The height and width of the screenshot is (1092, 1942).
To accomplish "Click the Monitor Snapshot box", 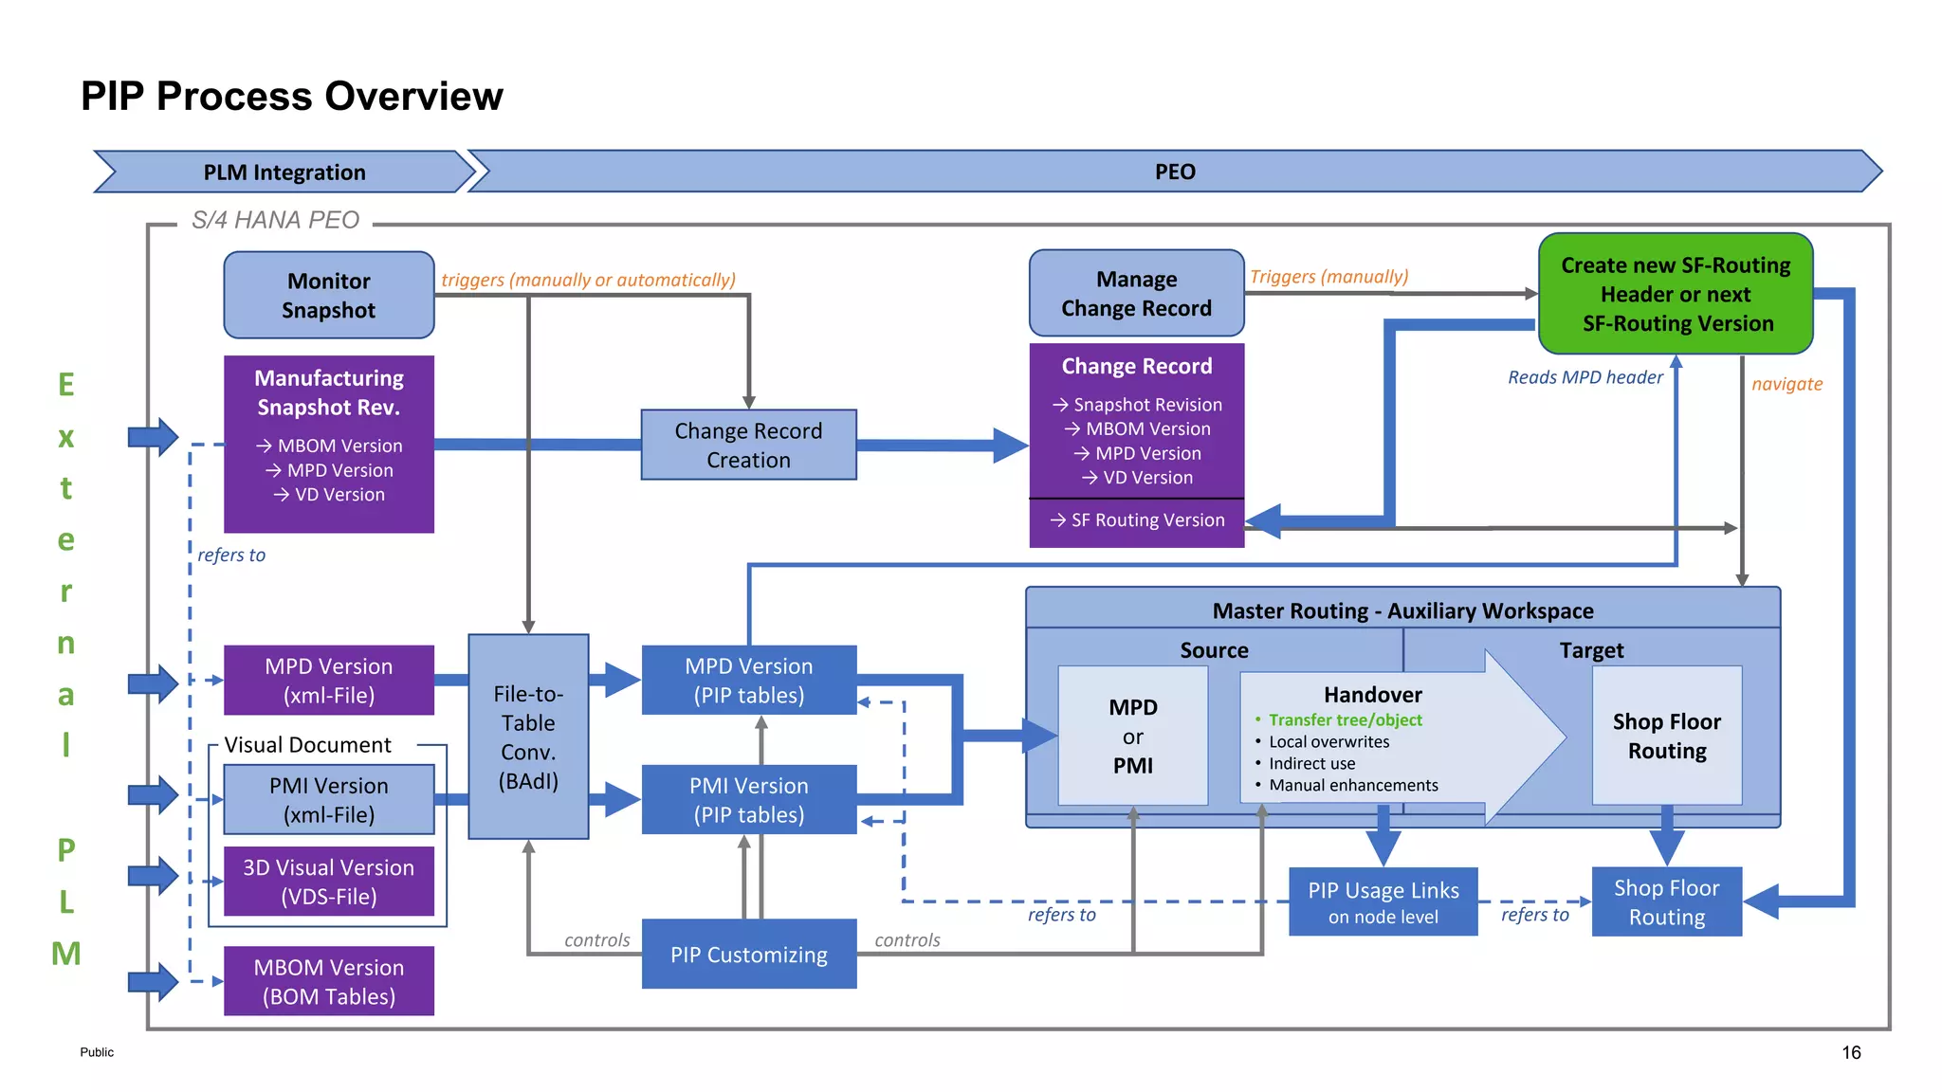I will pos(328,295).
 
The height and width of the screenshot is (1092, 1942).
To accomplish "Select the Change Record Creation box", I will pos(748,445).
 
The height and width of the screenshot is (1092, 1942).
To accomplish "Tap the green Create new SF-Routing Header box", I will pos(1676,294).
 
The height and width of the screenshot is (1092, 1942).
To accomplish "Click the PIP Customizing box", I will pos(748,954).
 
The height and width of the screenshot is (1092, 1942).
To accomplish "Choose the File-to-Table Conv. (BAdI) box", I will pos(528,737).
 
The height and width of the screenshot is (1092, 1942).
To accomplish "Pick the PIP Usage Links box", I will pos(1383,901).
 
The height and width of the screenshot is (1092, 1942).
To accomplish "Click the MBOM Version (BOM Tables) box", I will pos(328,981).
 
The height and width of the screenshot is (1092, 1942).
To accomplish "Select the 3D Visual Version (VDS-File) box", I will pos(328,881).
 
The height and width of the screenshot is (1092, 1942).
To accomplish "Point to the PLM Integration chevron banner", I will pos(284,172).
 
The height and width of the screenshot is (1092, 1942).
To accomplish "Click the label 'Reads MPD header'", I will pos(1585,377).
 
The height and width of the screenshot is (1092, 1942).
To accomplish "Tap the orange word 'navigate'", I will pos(1786,384).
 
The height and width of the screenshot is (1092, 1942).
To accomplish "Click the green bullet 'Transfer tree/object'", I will pos(1345,719).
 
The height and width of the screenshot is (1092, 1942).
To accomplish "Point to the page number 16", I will pos(1851,1052).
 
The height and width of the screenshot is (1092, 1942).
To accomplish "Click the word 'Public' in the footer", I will pos(97,1052).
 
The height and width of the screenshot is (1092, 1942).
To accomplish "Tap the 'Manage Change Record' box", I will pos(1136,293).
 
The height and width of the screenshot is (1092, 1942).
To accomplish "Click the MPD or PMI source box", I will pos(1132,736).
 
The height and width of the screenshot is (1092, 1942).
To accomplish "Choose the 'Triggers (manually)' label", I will pos(1328,277).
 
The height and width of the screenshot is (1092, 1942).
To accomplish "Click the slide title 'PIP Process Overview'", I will pos(291,96).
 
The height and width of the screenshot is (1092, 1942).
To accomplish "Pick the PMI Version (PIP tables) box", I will pos(748,799).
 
